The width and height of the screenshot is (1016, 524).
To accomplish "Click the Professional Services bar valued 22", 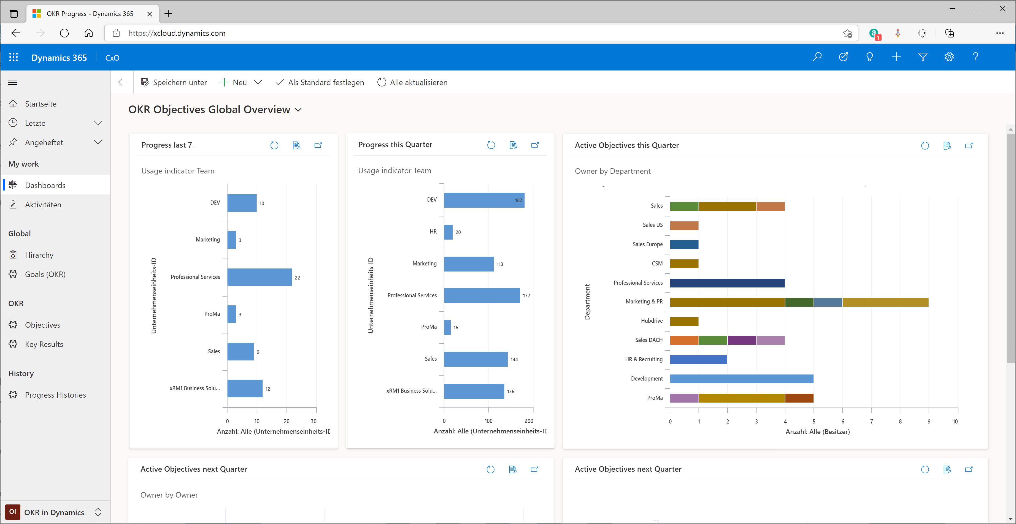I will (259, 277).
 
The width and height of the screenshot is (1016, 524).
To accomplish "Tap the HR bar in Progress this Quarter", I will (448, 232).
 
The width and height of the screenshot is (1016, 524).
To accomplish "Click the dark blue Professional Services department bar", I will (727, 283).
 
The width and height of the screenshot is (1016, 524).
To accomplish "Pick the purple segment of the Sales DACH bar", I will (742, 340).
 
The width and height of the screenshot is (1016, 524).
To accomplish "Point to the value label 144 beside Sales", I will (514, 359).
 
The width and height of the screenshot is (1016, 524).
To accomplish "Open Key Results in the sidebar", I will (44, 344).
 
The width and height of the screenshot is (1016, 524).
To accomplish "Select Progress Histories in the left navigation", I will (55, 395).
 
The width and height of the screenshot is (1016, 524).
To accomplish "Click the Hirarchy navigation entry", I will (39, 255).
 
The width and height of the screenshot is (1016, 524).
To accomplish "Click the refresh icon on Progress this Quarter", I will (491, 145).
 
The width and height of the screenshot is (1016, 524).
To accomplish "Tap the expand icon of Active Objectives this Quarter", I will (969, 145).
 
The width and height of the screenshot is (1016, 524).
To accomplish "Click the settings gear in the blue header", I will (949, 57).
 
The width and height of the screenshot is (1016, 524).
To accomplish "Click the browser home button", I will (89, 33).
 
